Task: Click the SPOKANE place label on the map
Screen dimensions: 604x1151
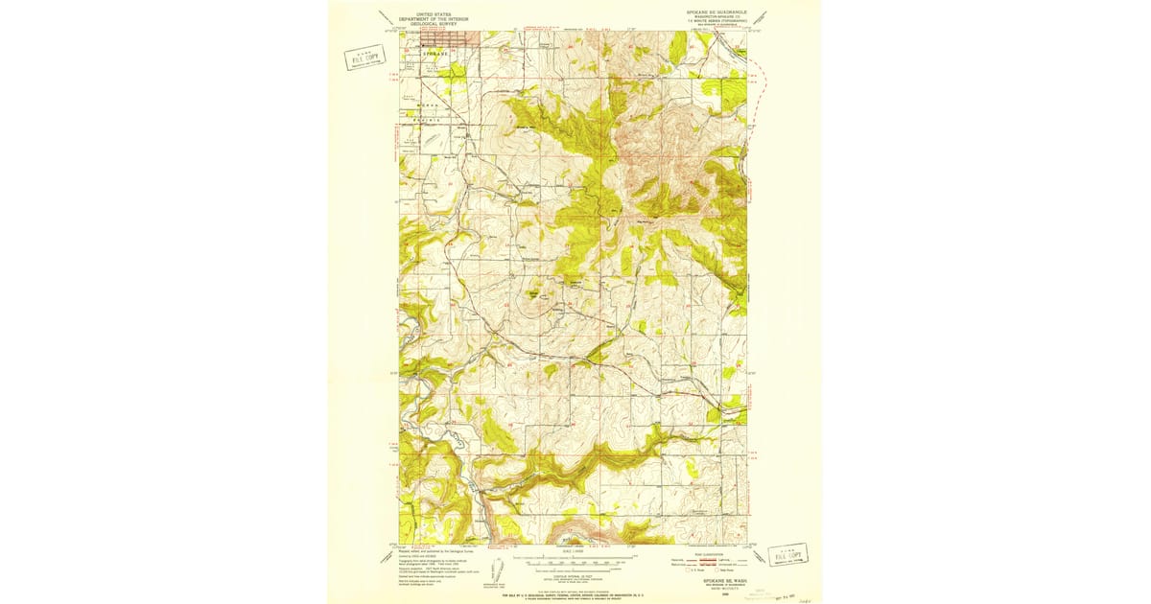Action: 436,55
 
